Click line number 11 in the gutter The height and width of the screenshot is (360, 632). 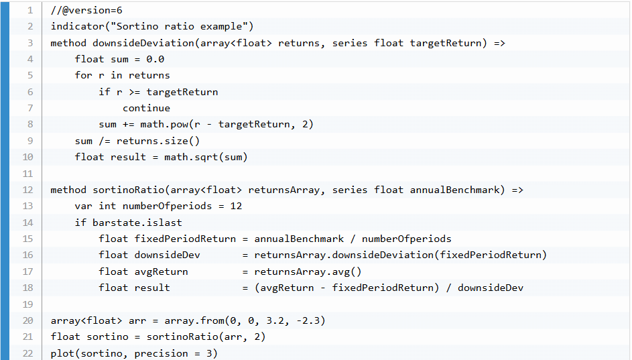(x=27, y=173)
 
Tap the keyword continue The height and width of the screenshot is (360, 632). (x=146, y=108)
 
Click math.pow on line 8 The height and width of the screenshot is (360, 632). (x=164, y=124)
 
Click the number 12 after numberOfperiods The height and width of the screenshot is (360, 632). (x=236, y=206)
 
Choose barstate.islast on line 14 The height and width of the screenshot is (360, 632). (x=137, y=223)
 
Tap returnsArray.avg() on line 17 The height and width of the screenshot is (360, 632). (x=308, y=272)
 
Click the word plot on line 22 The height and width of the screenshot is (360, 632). (x=63, y=353)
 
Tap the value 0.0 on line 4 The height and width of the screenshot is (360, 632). (x=155, y=59)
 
